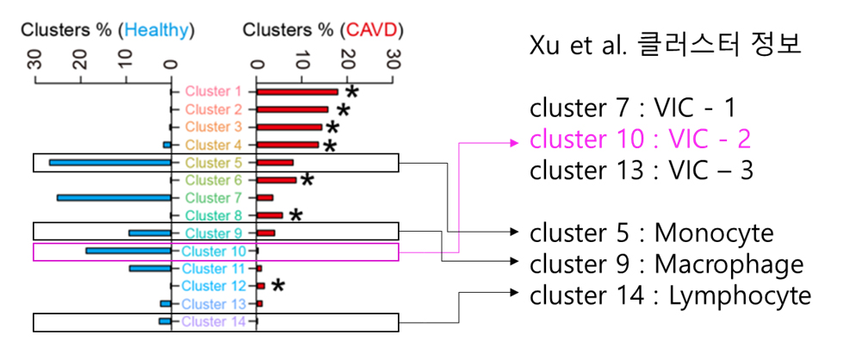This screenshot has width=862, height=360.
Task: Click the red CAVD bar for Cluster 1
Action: pyautogui.click(x=297, y=91)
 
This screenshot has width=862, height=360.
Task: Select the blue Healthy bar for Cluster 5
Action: pyautogui.click(x=109, y=162)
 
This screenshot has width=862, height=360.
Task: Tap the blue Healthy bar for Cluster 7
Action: pyautogui.click(x=114, y=197)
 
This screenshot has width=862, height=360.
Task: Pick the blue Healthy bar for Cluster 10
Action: pyautogui.click(x=128, y=251)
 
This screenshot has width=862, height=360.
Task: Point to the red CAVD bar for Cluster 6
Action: pyautogui.click(x=276, y=180)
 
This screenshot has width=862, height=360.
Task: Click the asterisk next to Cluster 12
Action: pyautogui.click(x=277, y=286)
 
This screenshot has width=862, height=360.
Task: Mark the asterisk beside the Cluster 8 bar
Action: pyautogui.click(x=295, y=215)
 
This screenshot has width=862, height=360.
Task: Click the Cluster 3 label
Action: pyautogui.click(x=214, y=127)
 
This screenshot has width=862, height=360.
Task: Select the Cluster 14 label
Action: pyautogui.click(x=214, y=321)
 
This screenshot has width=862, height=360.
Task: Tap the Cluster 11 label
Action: pyautogui.click(x=214, y=269)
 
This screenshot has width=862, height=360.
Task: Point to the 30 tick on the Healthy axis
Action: pyautogui.click(x=35, y=62)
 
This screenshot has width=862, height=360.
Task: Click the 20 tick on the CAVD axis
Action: pyautogui.click(x=347, y=62)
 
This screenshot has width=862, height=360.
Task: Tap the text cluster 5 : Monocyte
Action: pyautogui.click(x=651, y=233)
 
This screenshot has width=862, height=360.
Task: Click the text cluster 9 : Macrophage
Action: pyautogui.click(x=666, y=264)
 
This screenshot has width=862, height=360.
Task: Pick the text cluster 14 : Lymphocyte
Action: pyautogui.click(x=670, y=295)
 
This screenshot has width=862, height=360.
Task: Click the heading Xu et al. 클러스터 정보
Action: pyautogui.click(x=666, y=45)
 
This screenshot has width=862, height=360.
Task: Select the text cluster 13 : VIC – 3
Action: pyautogui.click(x=641, y=170)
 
